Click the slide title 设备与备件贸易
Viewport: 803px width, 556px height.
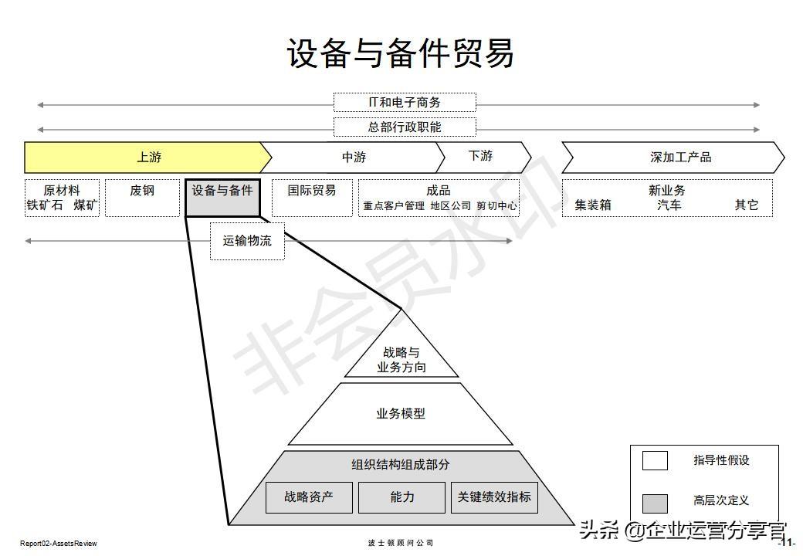point(401,54)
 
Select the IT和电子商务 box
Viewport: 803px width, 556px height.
point(405,103)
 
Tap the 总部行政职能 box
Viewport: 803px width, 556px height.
point(405,127)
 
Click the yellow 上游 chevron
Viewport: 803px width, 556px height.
point(148,158)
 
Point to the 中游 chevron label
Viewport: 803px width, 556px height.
point(354,158)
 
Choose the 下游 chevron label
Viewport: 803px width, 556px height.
point(480,156)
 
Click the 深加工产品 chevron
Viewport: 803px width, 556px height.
point(679,158)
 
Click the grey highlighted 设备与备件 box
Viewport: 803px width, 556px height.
point(222,198)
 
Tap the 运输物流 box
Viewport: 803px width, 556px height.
point(247,241)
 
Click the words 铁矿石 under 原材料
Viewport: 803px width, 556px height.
point(45,206)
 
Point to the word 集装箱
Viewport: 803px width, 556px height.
point(593,205)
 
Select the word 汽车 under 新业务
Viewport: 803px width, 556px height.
point(669,205)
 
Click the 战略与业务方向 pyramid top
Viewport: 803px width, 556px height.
point(401,359)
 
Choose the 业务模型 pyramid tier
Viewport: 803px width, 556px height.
point(401,414)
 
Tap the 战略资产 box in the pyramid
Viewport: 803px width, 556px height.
point(309,497)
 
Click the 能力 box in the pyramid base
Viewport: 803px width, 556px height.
point(401,497)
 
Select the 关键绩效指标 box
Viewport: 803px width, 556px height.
point(494,497)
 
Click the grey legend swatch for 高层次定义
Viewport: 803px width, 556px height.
point(655,503)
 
